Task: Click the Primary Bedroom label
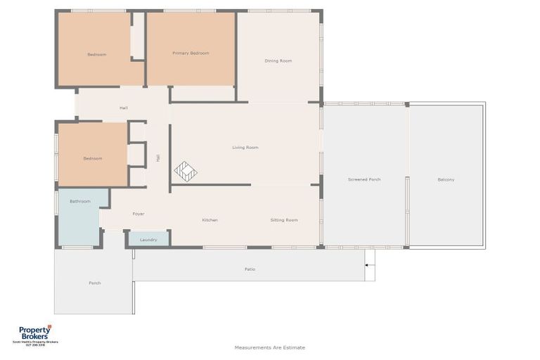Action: click(191, 53)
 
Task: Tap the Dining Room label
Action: click(278, 61)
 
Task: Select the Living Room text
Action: click(245, 148)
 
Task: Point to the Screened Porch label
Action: click(364, 179)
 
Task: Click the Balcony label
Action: click(446, 179)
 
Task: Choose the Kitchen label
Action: click(210, 220)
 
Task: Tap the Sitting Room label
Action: click(284, 220)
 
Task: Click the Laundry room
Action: click(148, 239)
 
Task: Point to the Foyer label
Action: click(139, 213)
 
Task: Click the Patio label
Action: click(250, 269)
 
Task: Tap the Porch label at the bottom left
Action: click(94, 283)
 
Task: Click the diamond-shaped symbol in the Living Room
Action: click(186, 171)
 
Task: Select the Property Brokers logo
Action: click(35, 334)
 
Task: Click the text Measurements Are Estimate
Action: click(270, 347)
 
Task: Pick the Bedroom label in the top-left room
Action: click(97, 54)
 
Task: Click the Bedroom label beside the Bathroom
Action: click(93, 158)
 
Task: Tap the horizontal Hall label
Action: click(124, 108)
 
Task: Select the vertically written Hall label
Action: click(158, 158)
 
